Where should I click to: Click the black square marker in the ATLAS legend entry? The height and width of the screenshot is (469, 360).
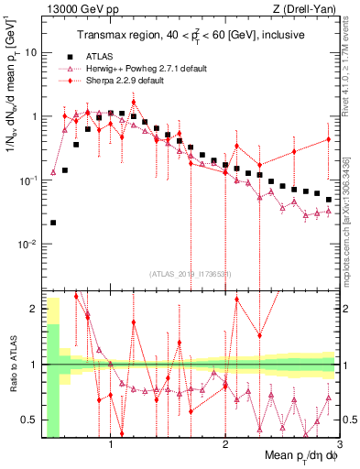[x=63, y=57]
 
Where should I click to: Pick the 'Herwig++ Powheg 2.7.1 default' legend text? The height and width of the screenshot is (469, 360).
[x=135, y=69]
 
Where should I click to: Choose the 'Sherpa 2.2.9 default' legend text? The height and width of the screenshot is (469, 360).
[x=115, y=81]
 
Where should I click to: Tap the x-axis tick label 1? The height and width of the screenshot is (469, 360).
[x=111, y=446]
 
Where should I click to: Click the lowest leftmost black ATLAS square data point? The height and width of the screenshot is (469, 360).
[x=53, y=223]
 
